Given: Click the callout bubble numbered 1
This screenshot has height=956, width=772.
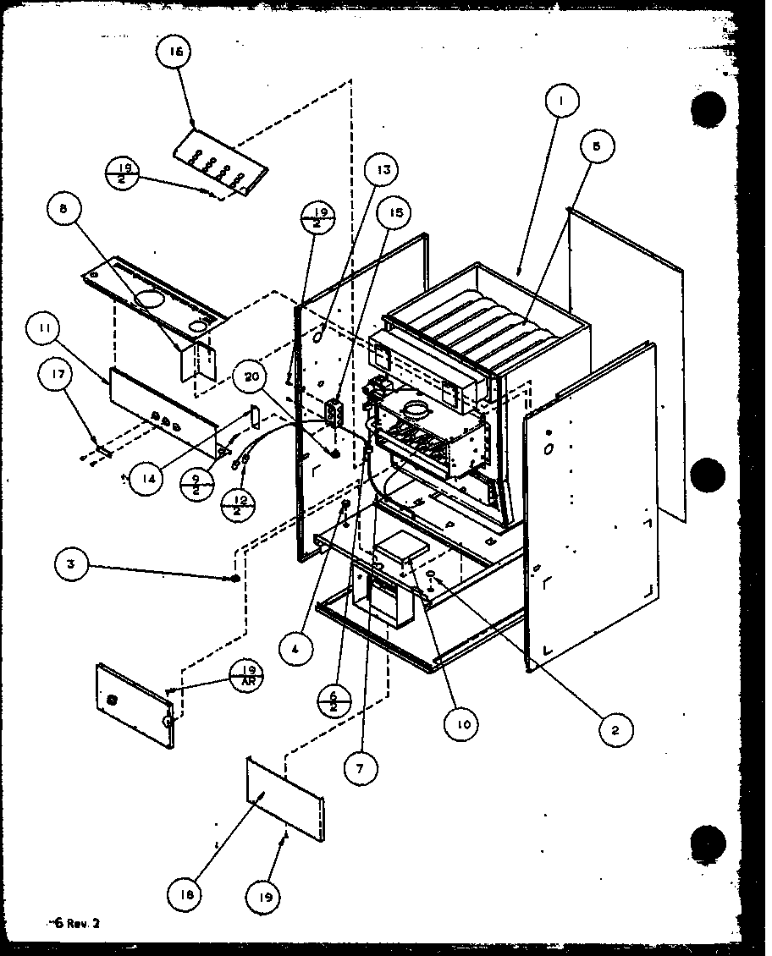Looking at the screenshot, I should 561,102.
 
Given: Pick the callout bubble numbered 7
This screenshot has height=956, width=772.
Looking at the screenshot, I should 361,768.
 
